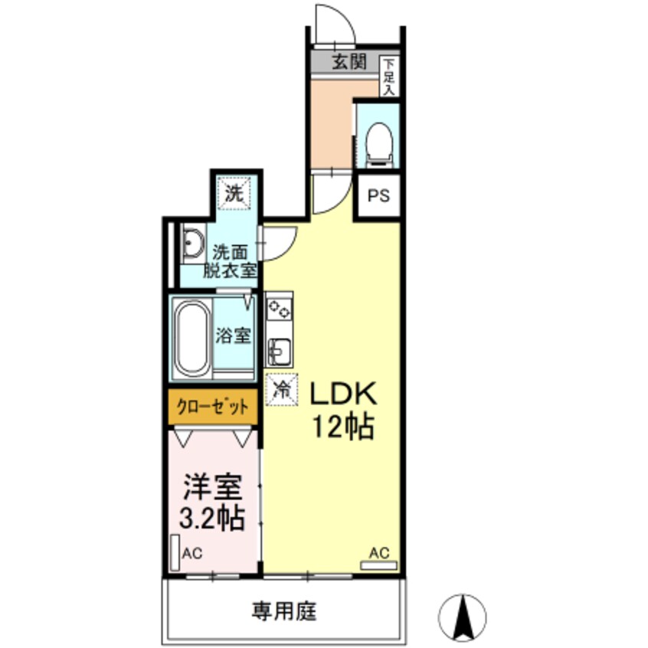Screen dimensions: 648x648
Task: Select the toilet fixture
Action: pos(377,143)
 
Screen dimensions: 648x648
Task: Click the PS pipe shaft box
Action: pos(378,195)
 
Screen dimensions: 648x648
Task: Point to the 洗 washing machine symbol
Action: pos(234,193)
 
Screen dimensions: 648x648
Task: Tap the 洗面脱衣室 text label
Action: pos(229,260)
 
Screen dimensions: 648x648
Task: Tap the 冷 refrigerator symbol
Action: pos(280,389)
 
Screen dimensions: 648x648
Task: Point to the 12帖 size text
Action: pos(342,427)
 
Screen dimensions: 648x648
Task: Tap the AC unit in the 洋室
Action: pos(175,551)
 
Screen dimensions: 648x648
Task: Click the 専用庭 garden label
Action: pos(283,612)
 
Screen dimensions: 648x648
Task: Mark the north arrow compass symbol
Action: pos(463,617)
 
